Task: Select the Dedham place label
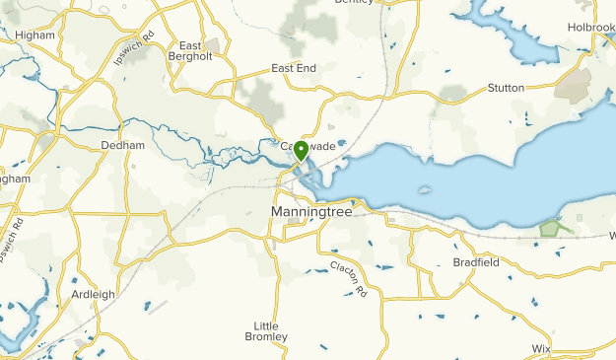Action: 123,145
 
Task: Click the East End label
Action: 294,69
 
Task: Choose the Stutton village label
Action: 506,88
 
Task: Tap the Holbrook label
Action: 590,29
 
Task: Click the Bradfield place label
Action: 476,262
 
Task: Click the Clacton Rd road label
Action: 349,279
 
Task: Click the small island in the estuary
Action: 426,190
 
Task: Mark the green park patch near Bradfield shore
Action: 554,227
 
